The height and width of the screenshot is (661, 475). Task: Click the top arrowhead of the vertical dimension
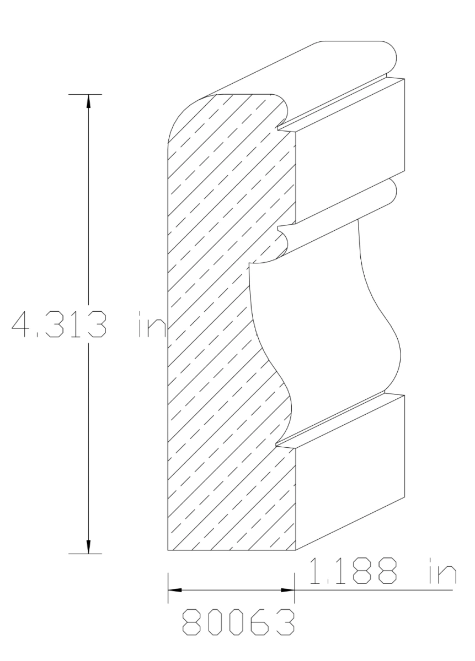coord(88,102)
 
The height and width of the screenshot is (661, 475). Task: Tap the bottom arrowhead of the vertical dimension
coord(88,546)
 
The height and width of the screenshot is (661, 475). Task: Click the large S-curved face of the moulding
coord(325,325)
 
